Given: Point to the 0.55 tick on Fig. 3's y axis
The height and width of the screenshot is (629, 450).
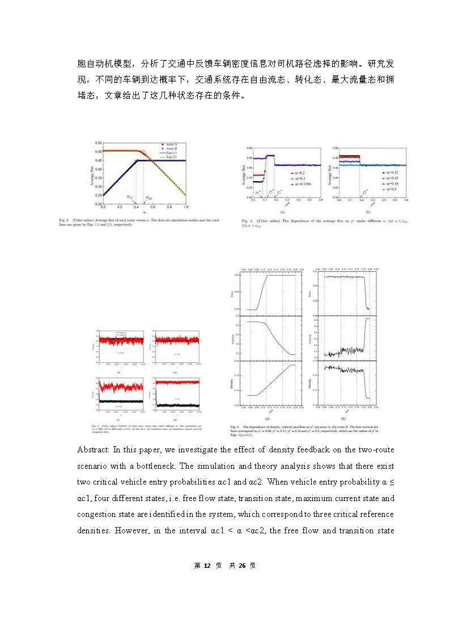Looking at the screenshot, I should click(x=98, y=143).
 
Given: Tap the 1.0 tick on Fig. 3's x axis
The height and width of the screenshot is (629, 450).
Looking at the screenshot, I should click(x=185, y=207).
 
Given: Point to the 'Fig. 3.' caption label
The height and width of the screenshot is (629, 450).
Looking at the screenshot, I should click(x=95, y=220).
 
